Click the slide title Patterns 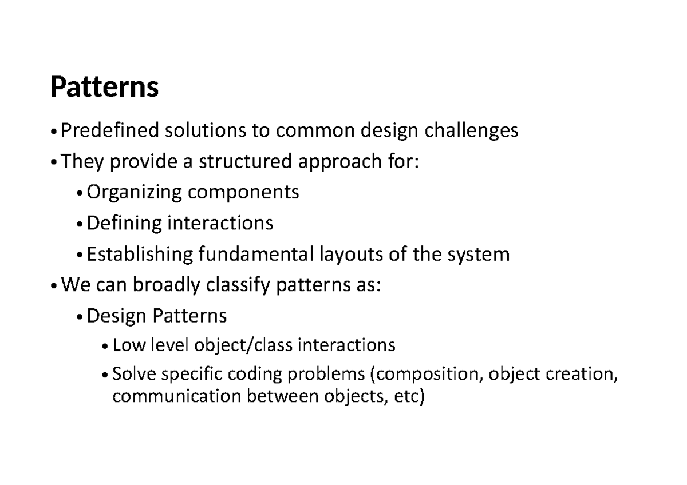click(x=104, y=88)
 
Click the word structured click(x=244, y=162)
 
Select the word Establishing click(x=140, y=253)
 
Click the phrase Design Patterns click(x=156, y=315)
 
